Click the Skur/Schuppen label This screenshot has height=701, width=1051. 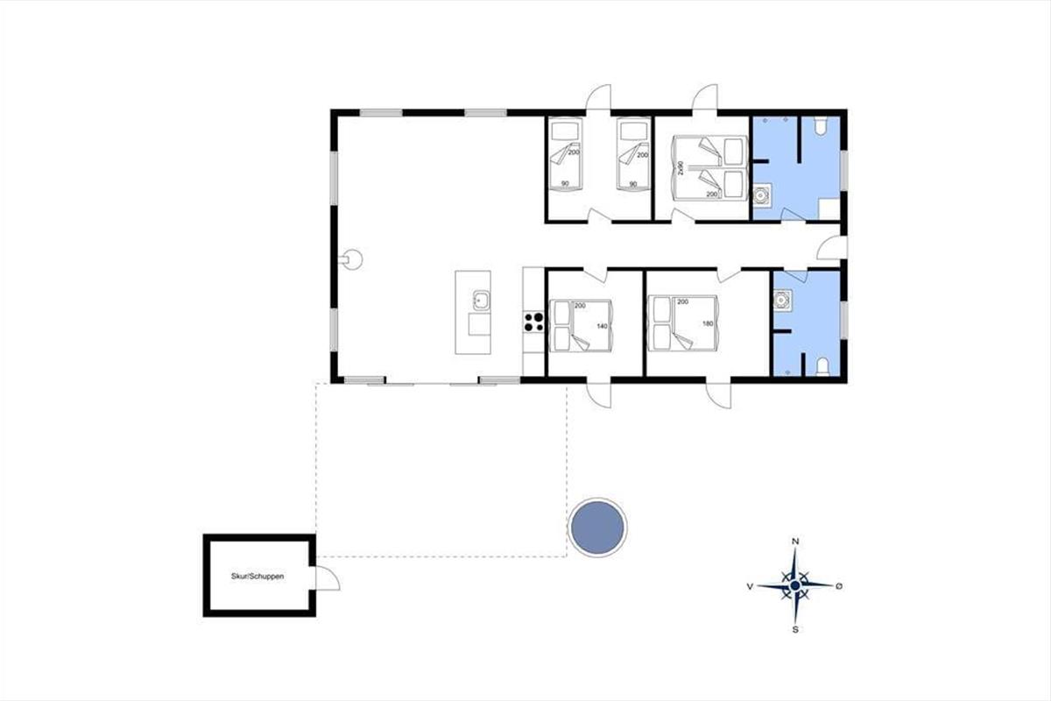click(x=257, y=576)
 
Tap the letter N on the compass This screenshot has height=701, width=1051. click(x=795, y=542)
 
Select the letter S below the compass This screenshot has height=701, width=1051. click(x=795, y=630)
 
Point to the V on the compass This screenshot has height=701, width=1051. click(x=750, y=586)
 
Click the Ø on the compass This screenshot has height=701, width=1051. click(x=839, y=586)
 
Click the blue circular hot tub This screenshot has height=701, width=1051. click(x=597, y=528)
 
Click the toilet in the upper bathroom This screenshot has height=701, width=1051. click(x=821, y=126)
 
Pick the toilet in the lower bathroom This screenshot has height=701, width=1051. click(x=822, y=366)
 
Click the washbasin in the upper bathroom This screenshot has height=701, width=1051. click(x=761, y=195)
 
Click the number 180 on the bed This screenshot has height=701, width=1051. click(x=708, y=323)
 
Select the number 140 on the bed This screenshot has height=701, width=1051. click(x=602, y=326)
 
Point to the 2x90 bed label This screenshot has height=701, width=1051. click(x=681, y=168)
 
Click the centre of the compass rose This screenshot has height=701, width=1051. click(x=795, y=585)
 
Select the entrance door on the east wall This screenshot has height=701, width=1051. click(x=832, y=247)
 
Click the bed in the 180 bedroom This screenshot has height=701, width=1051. click(x=682, y=323)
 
